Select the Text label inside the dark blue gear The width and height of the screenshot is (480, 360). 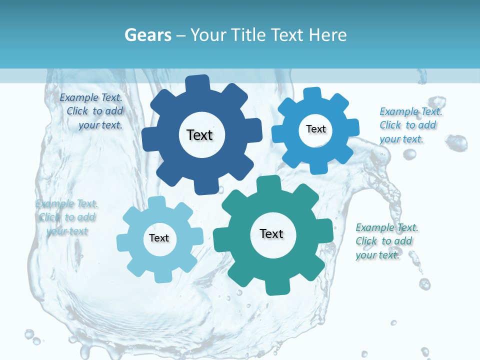199,135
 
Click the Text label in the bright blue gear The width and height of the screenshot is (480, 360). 315,129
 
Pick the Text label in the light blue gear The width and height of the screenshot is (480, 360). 159,238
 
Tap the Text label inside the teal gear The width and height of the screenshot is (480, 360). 271,233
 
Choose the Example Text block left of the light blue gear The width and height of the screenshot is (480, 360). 66,217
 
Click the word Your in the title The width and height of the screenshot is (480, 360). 208,35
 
